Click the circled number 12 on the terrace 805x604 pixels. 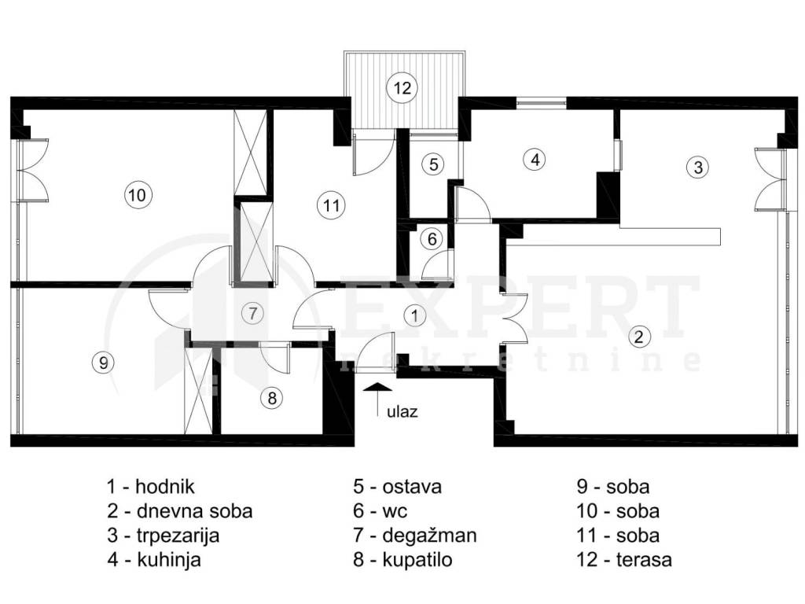coord(402,88)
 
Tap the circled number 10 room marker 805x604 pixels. coord(138,195)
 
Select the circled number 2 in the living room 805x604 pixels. coord(638,337)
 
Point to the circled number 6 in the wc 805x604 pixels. coord(432,239)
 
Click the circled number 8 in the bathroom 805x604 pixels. coord(271,397)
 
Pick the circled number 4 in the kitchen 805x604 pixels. coord(535,159)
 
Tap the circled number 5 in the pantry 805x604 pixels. coord(434,164)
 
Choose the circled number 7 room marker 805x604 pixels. coord(252,313)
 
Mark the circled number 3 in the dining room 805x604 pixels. coord(698,167)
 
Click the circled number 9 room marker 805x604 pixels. coord(103,363)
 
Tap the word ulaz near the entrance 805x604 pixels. coord(402,411)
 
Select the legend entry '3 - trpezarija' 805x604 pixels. coord(164,535)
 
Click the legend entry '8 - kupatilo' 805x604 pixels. coord(402,559)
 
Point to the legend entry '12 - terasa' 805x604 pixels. coord(623,559)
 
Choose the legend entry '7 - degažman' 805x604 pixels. coord(415,535)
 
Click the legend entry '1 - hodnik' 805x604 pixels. coord(151,486)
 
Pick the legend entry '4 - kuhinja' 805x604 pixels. coord(154,559)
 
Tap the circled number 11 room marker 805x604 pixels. coord(331,205)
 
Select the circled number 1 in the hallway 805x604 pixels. coord(414,315)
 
